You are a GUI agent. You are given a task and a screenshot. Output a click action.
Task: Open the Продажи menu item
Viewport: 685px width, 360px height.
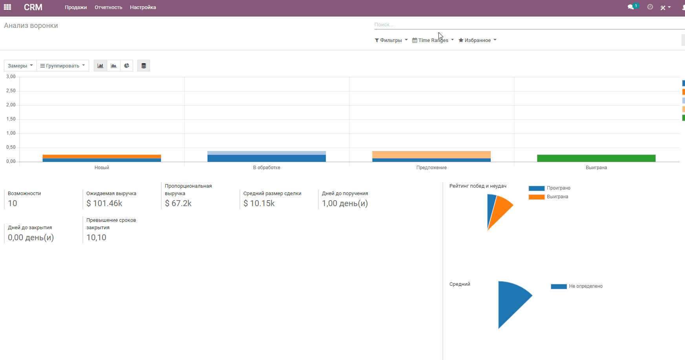coord(76,7)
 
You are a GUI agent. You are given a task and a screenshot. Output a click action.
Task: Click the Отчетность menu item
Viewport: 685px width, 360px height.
coord(108,7)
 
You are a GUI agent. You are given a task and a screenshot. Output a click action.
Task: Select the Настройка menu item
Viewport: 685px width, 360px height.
coord(143,7)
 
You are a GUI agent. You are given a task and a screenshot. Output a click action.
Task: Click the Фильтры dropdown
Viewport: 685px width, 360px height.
coord(391,40)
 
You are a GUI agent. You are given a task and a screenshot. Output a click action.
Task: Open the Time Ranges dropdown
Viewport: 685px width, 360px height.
coord(433,40)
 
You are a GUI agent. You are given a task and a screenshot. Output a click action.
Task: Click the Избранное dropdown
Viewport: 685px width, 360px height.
coord(477,40)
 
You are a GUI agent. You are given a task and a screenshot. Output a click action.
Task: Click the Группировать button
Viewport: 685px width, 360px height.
coord(63,66)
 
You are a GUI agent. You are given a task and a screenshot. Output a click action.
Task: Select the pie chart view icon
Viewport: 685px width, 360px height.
coord(126,66)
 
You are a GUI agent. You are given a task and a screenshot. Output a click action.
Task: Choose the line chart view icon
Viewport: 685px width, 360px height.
coord(113,66)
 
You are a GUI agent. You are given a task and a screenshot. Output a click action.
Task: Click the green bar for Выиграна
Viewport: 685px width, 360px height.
coord(596,158)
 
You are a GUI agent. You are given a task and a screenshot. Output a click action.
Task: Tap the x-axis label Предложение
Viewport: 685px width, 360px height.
coord(431,168)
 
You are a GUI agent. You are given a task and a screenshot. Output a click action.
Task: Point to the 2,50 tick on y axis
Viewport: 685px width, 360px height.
coord(11,91)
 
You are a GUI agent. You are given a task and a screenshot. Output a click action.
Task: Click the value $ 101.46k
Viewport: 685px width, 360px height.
coord(104,203)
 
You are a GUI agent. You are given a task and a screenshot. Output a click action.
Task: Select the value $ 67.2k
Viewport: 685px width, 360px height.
coord(178,203)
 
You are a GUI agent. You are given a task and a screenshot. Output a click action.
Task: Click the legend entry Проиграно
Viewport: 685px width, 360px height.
coord(558,188)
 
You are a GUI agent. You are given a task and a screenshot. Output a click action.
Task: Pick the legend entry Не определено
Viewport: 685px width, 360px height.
coord(585,286)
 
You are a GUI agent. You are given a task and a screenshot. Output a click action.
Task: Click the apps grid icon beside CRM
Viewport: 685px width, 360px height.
coord(7,7)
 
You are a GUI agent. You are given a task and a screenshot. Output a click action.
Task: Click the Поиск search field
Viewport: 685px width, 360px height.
coord(526,25)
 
